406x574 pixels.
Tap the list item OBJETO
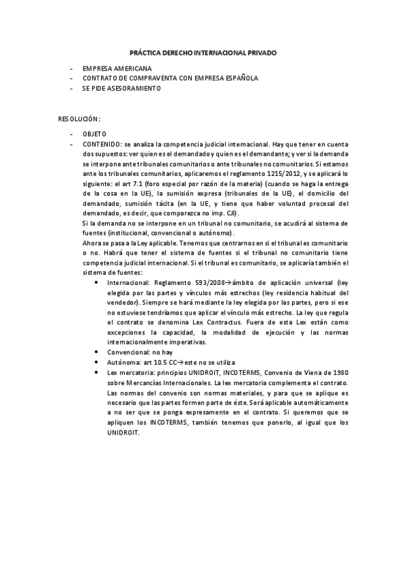(94, 134)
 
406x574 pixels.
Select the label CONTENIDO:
(102, 144)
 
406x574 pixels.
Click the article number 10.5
(158, 362)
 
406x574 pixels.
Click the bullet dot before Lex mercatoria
(99, 372)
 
